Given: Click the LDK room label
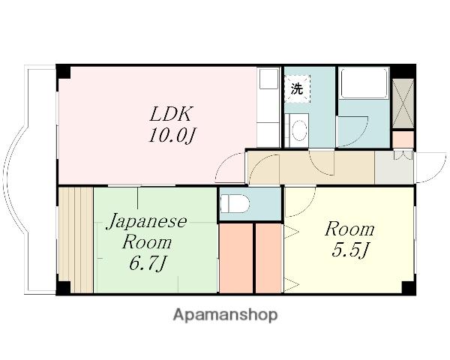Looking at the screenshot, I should pyautogui.click(x=172, y=114).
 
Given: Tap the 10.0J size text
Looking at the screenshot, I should pyautogui.click(x=172, y=136).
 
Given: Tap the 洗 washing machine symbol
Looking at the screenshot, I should pyautogui.click(x=298, y=88).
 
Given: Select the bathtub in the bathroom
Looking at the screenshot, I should pyautogui.click(x=364, y=84).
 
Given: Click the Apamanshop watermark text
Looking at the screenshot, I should pyautogui.click(x=225, y=314).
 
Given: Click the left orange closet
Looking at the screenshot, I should pyautogui.click(x=235, y=257).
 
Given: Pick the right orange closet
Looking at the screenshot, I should pyautogui.click(x=268, y=257).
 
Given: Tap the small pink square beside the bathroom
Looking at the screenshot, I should pyautogui.click(x=403, y=139).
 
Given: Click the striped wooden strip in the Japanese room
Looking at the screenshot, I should pyautogui.click(x=76, y=240).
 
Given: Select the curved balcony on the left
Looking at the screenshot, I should pyautogui.click(x=30, y=180).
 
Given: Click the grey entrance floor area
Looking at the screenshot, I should pyautogui.click(x=393, y=168).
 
